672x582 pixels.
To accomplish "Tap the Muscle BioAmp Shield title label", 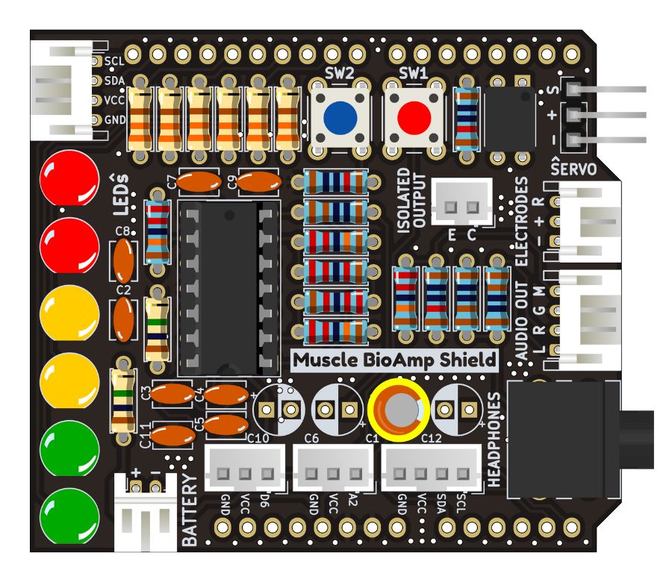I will tap(393, 360).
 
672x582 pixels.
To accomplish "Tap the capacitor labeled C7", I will tap(199, 180).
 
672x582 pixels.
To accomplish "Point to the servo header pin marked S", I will tap(574, 90).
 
